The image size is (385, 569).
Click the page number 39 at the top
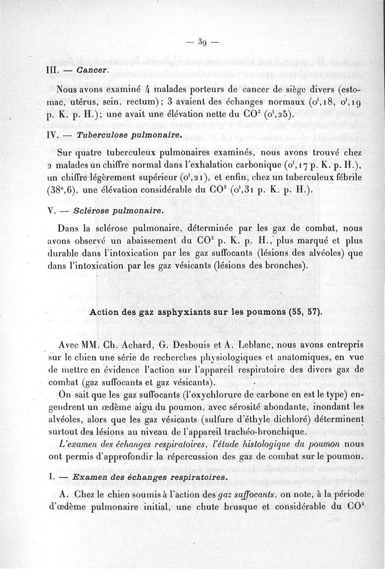coord(203,42)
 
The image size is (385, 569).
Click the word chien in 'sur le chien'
coord(101,358)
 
